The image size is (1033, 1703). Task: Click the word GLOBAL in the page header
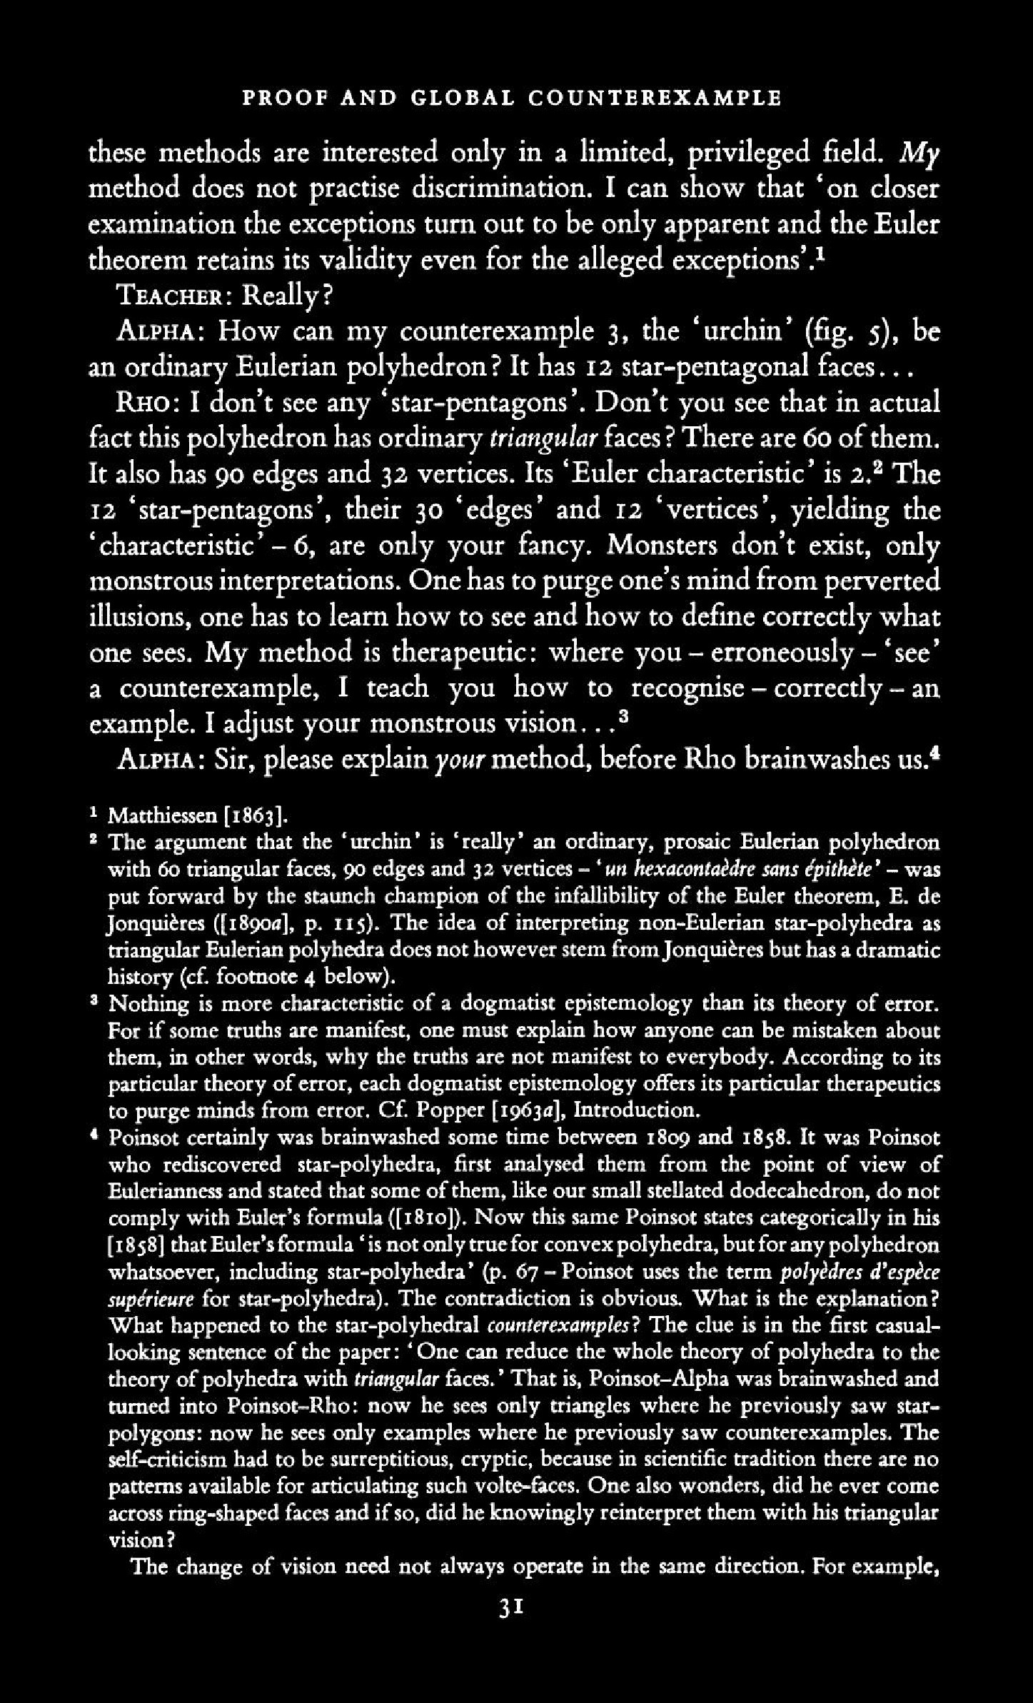pyautogui.click(x=461, y=98)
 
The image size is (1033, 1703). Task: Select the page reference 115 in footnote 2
pyautogui.click(x=357, y=923)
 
